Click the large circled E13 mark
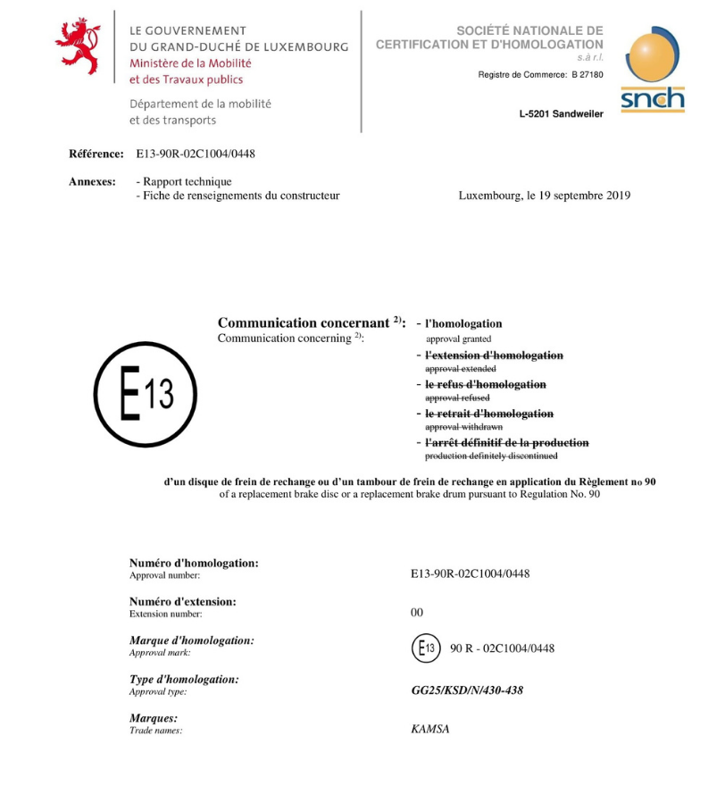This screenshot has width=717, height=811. tap(146, 394)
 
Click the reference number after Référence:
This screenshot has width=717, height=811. tap(196, 154)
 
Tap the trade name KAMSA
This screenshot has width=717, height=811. tap(429, 730)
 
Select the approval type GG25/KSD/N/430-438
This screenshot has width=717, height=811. tap(466, 690)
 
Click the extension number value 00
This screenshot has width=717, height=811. tap(417, 613)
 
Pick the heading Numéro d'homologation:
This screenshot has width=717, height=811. tap(194, 563)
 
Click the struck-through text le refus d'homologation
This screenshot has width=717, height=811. tap(485, 384)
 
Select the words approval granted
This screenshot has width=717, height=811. tap(458, 339)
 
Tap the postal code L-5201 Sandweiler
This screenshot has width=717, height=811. tap(561, 113)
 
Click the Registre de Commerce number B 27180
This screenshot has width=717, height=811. tap(587, 74)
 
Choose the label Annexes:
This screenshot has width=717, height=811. tap(92, 181)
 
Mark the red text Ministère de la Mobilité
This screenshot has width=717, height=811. tap(190, 63)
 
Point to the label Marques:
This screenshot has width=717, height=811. tap(154, 718)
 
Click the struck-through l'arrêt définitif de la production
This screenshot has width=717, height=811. tap(506, 443)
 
